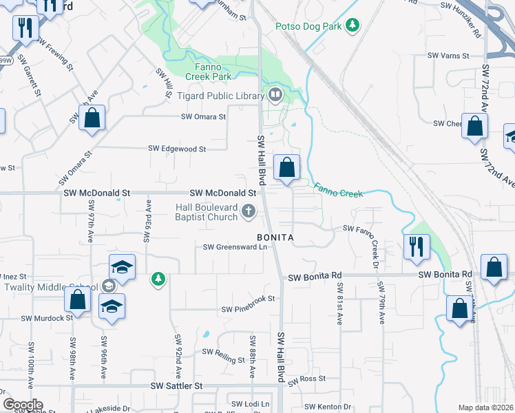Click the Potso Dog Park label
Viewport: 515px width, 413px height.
(308, 26)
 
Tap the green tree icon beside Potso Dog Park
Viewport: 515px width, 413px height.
(353, 25)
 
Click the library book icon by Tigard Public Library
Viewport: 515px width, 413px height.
(275, 94)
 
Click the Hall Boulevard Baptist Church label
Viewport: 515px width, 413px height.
(206, 212)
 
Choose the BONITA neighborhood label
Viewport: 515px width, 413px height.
(275, 237)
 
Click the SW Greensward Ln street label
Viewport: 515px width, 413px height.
(234, 247)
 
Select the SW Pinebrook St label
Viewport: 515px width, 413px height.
(248, 299)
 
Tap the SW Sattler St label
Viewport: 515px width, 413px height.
(178, 387)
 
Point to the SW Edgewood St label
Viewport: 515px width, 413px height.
(178, 149)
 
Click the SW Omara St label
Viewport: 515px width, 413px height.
(203, 117)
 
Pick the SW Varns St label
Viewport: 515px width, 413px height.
(448, 55)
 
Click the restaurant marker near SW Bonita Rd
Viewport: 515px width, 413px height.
(417, 246)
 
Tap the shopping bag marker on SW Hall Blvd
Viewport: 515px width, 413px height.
(286, 167)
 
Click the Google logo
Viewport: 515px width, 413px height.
(23, 405)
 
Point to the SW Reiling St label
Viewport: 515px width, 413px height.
(223, 355)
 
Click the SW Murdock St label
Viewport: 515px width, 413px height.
(47, 318)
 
